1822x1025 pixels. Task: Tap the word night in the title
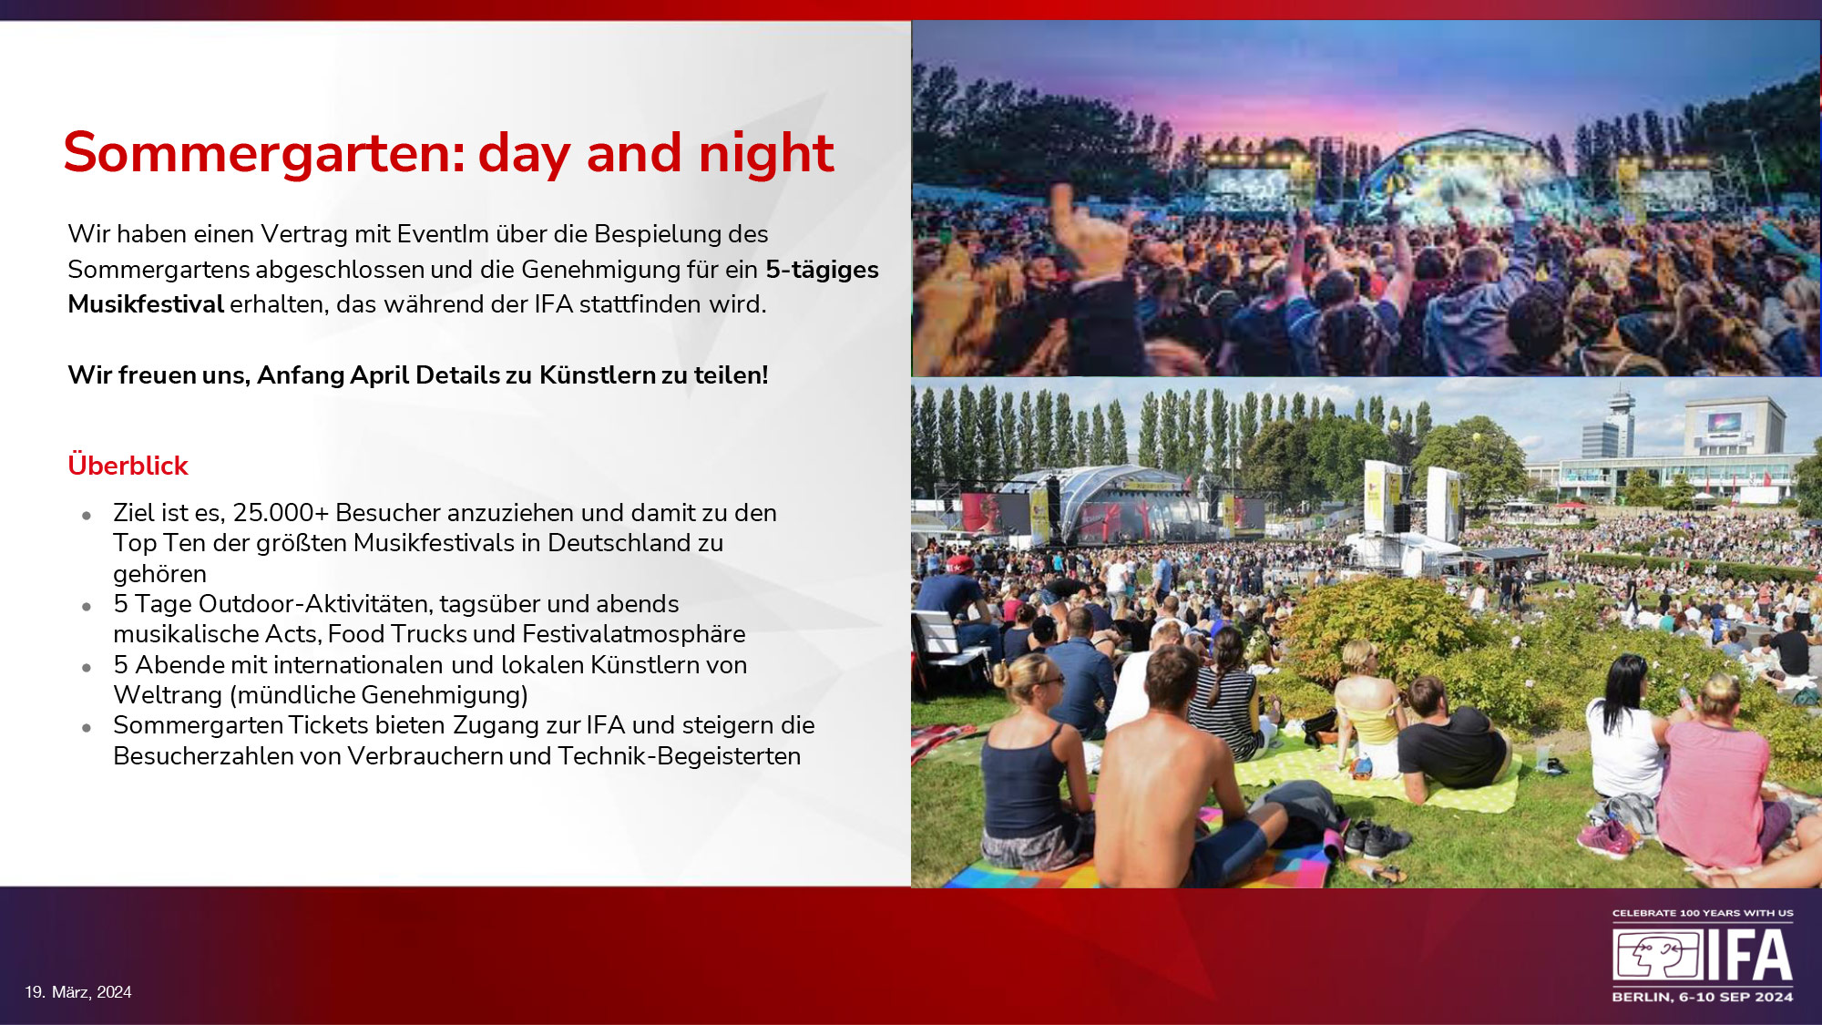(x=766, y=153)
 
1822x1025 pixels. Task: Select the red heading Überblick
(x=128, y=465)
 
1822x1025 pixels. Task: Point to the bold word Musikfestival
(x=146, y=304)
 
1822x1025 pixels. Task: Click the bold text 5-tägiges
(x=822, y=271)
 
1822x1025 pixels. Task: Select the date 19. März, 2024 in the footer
(x=78, y=992)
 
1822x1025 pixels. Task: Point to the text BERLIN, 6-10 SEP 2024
(x=1703, y=997)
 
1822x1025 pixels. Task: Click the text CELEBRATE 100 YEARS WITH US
(x=1703, y=913)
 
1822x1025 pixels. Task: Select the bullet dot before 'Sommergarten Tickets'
(x=87, y=728)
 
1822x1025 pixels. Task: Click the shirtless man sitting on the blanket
(x=1175, y=774)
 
